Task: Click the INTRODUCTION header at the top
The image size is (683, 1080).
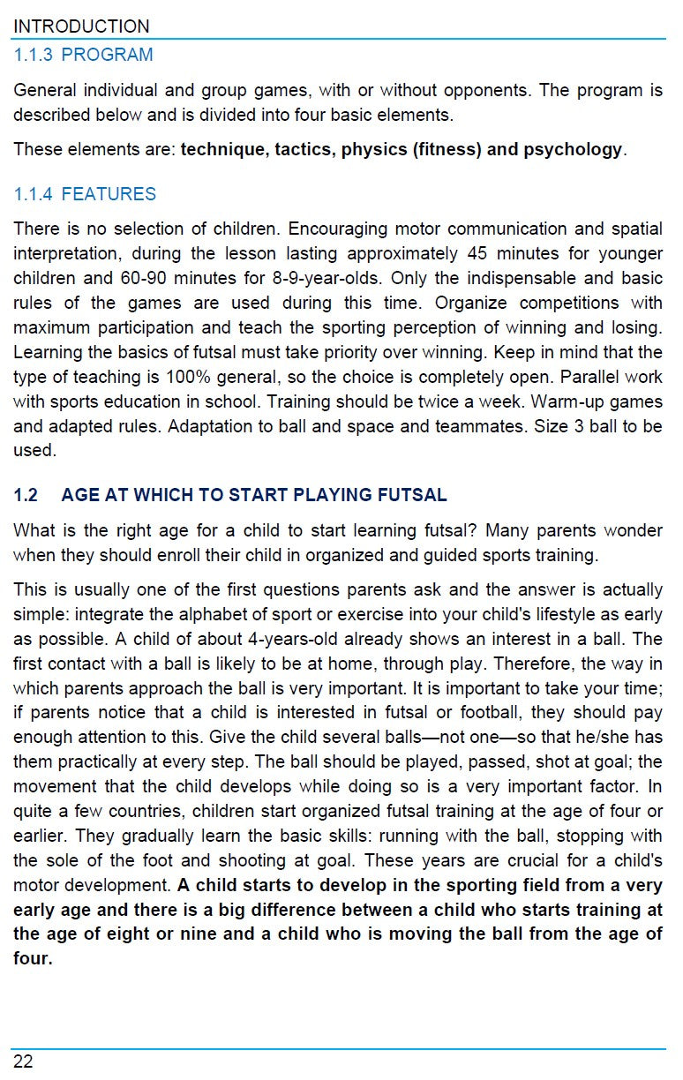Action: click(81, 26)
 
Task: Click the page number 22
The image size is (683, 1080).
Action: click(23, 1061)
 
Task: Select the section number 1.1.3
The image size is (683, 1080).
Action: click(33, 55)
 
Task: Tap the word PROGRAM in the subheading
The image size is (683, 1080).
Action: click(107, 55)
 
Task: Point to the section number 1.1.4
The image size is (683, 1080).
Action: click(33, 194)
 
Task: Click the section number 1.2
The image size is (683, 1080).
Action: click(26, 495)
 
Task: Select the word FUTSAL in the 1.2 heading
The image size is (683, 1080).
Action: click(415, 495)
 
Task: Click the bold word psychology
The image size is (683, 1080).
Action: click(573, 149)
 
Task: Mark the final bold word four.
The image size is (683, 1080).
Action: click(32, 958)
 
